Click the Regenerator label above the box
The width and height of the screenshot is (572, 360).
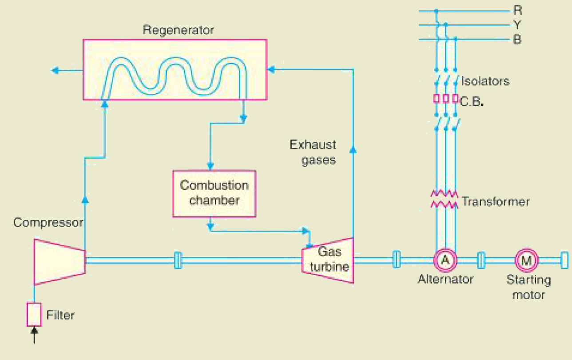pyautogui.click(x=178, y=30)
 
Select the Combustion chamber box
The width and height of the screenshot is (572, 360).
pyautogui.click(x=214, y=194)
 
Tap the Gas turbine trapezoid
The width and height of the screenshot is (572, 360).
pyautogui.click(x=328, y=260)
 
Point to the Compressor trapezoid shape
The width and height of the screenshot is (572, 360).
pyautogui.click(x=60, y=262)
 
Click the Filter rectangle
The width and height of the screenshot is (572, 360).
pyautogui.click(x=34, y=314)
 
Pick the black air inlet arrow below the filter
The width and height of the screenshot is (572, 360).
pyautogui.click(x=34, y=335)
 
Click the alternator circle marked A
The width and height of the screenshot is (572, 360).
pyautogui.click(x=445, y=260)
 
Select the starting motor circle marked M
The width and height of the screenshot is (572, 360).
pyautogui.click(x=526, y=260)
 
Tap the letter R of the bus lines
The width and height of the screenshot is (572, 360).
pyautogui.click(x=518, y=10)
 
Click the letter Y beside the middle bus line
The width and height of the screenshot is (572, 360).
pyautogui.click(x=517, y=25)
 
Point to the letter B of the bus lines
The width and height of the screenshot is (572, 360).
pyautogui.click(x=517, y=40)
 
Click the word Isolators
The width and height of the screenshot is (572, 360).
pyautogui.click(x=485, y=81)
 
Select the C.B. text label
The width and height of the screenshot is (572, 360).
pyautogui.click(x=472, y=101)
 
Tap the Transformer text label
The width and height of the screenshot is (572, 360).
pyautogui.click(x=496, y=202)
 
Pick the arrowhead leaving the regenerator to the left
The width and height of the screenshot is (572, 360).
pyautogui.click(x=55, y=70)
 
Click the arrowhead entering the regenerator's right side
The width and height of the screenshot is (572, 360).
pyautogui.click(x=271, y=69)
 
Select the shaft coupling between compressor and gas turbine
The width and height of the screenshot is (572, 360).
pyautogui.click(x=178, y=260)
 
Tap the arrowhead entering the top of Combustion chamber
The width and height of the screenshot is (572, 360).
pyautogui.click(x=210, y=166)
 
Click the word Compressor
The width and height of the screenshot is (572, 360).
pyautogui.click(x=48, y=223)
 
